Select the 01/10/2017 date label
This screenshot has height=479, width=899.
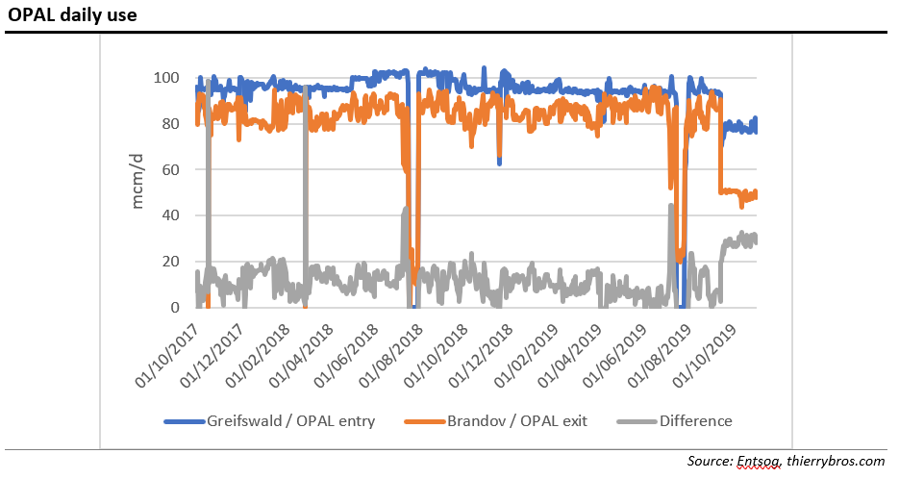[163, 355]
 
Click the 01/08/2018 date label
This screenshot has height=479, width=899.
[397, 355]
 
